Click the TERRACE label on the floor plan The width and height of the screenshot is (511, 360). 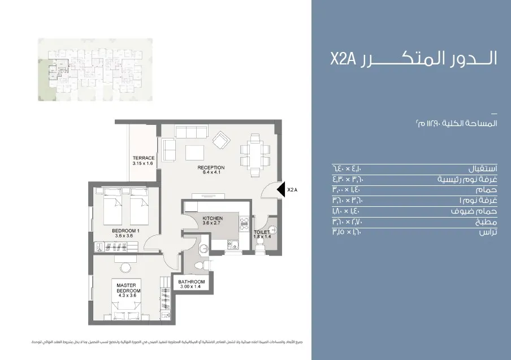143,158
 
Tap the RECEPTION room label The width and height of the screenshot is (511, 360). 211,168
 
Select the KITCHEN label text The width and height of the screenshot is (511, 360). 212,218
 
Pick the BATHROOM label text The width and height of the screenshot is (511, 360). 192,281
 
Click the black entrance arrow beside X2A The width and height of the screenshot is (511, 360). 280,190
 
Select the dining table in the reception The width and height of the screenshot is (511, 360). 251,153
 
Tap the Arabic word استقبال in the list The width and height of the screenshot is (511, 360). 483,169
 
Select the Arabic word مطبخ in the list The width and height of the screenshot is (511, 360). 487,222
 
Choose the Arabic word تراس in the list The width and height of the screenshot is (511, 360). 488,232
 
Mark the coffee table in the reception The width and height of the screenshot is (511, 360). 194,153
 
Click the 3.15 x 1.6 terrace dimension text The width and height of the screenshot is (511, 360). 143,163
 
